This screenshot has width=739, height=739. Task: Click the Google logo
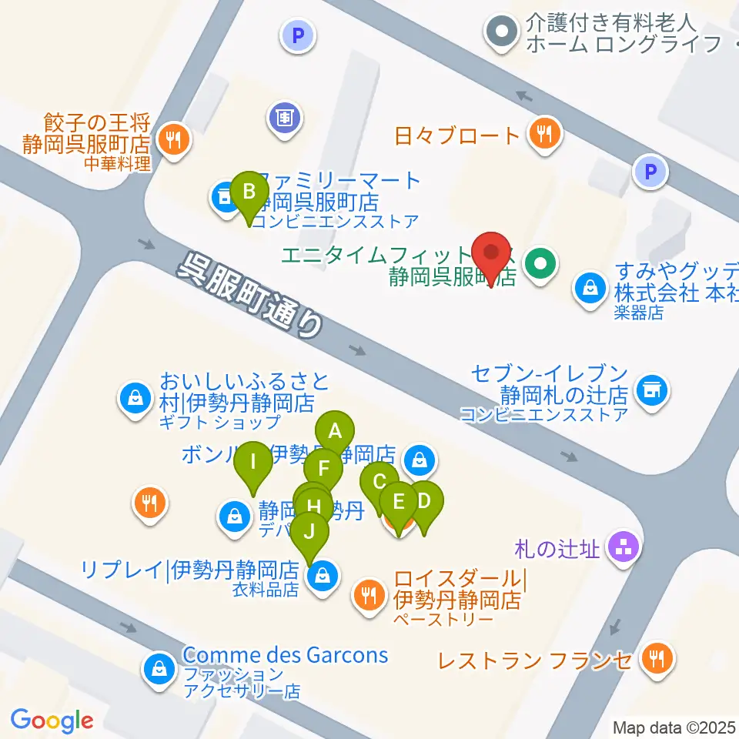(x=52, y=721)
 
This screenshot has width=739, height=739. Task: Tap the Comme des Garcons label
(x=286, y=656)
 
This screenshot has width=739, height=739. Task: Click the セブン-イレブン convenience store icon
(x=651, y=390)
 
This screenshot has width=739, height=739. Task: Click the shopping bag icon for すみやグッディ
(x=590, y=290)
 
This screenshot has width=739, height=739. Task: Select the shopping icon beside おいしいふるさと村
(x=135, y=398)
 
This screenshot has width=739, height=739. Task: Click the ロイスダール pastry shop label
(x=459, y=589)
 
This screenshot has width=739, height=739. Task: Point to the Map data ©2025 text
(x=674, y=727)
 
